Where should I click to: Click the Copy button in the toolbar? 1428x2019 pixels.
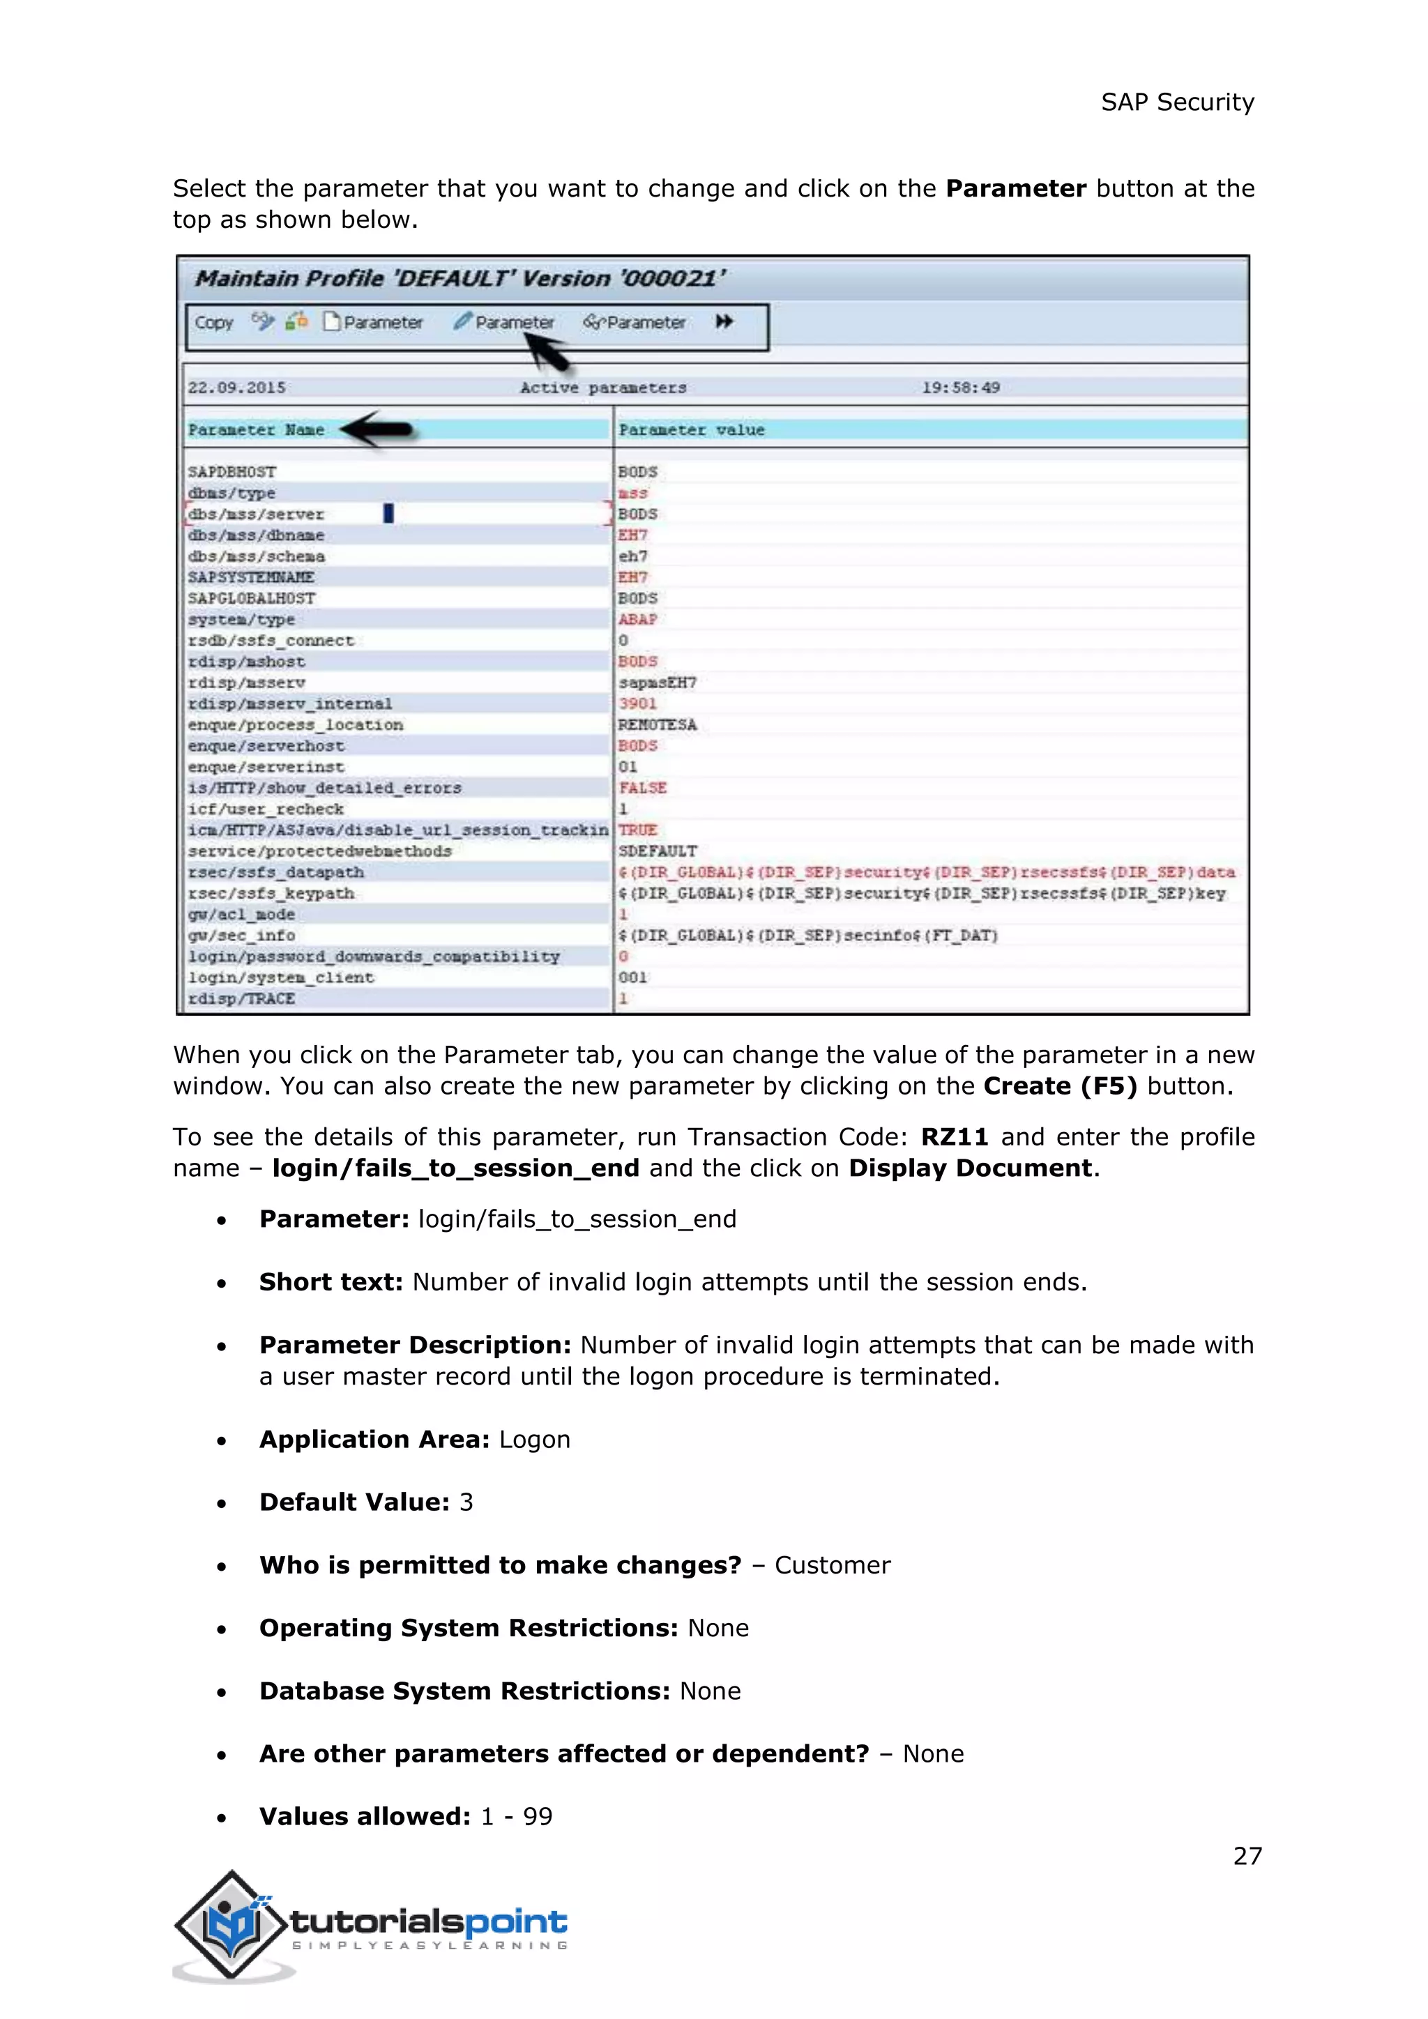coord(213,323)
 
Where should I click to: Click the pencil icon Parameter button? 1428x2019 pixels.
coord(505,323)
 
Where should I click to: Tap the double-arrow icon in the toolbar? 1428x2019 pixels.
coord(724,322)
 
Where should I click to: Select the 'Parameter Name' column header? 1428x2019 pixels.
coord(256,430)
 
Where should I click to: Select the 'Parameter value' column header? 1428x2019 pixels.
coord(691,430)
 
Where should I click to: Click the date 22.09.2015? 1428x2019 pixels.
coord(236,388)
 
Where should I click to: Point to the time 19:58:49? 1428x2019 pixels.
coord(960,388)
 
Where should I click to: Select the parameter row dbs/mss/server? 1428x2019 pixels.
coord(256,515)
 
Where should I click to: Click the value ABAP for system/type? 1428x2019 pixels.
coord(637,620)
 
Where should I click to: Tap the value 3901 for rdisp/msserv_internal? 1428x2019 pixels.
coord(637,704)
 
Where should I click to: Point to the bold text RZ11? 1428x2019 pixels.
coord(954,1137)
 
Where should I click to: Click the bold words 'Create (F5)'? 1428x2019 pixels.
coord(1060,1086)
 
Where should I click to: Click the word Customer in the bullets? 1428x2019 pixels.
coord(832,1565)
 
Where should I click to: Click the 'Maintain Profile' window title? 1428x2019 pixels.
coord(460,279)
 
